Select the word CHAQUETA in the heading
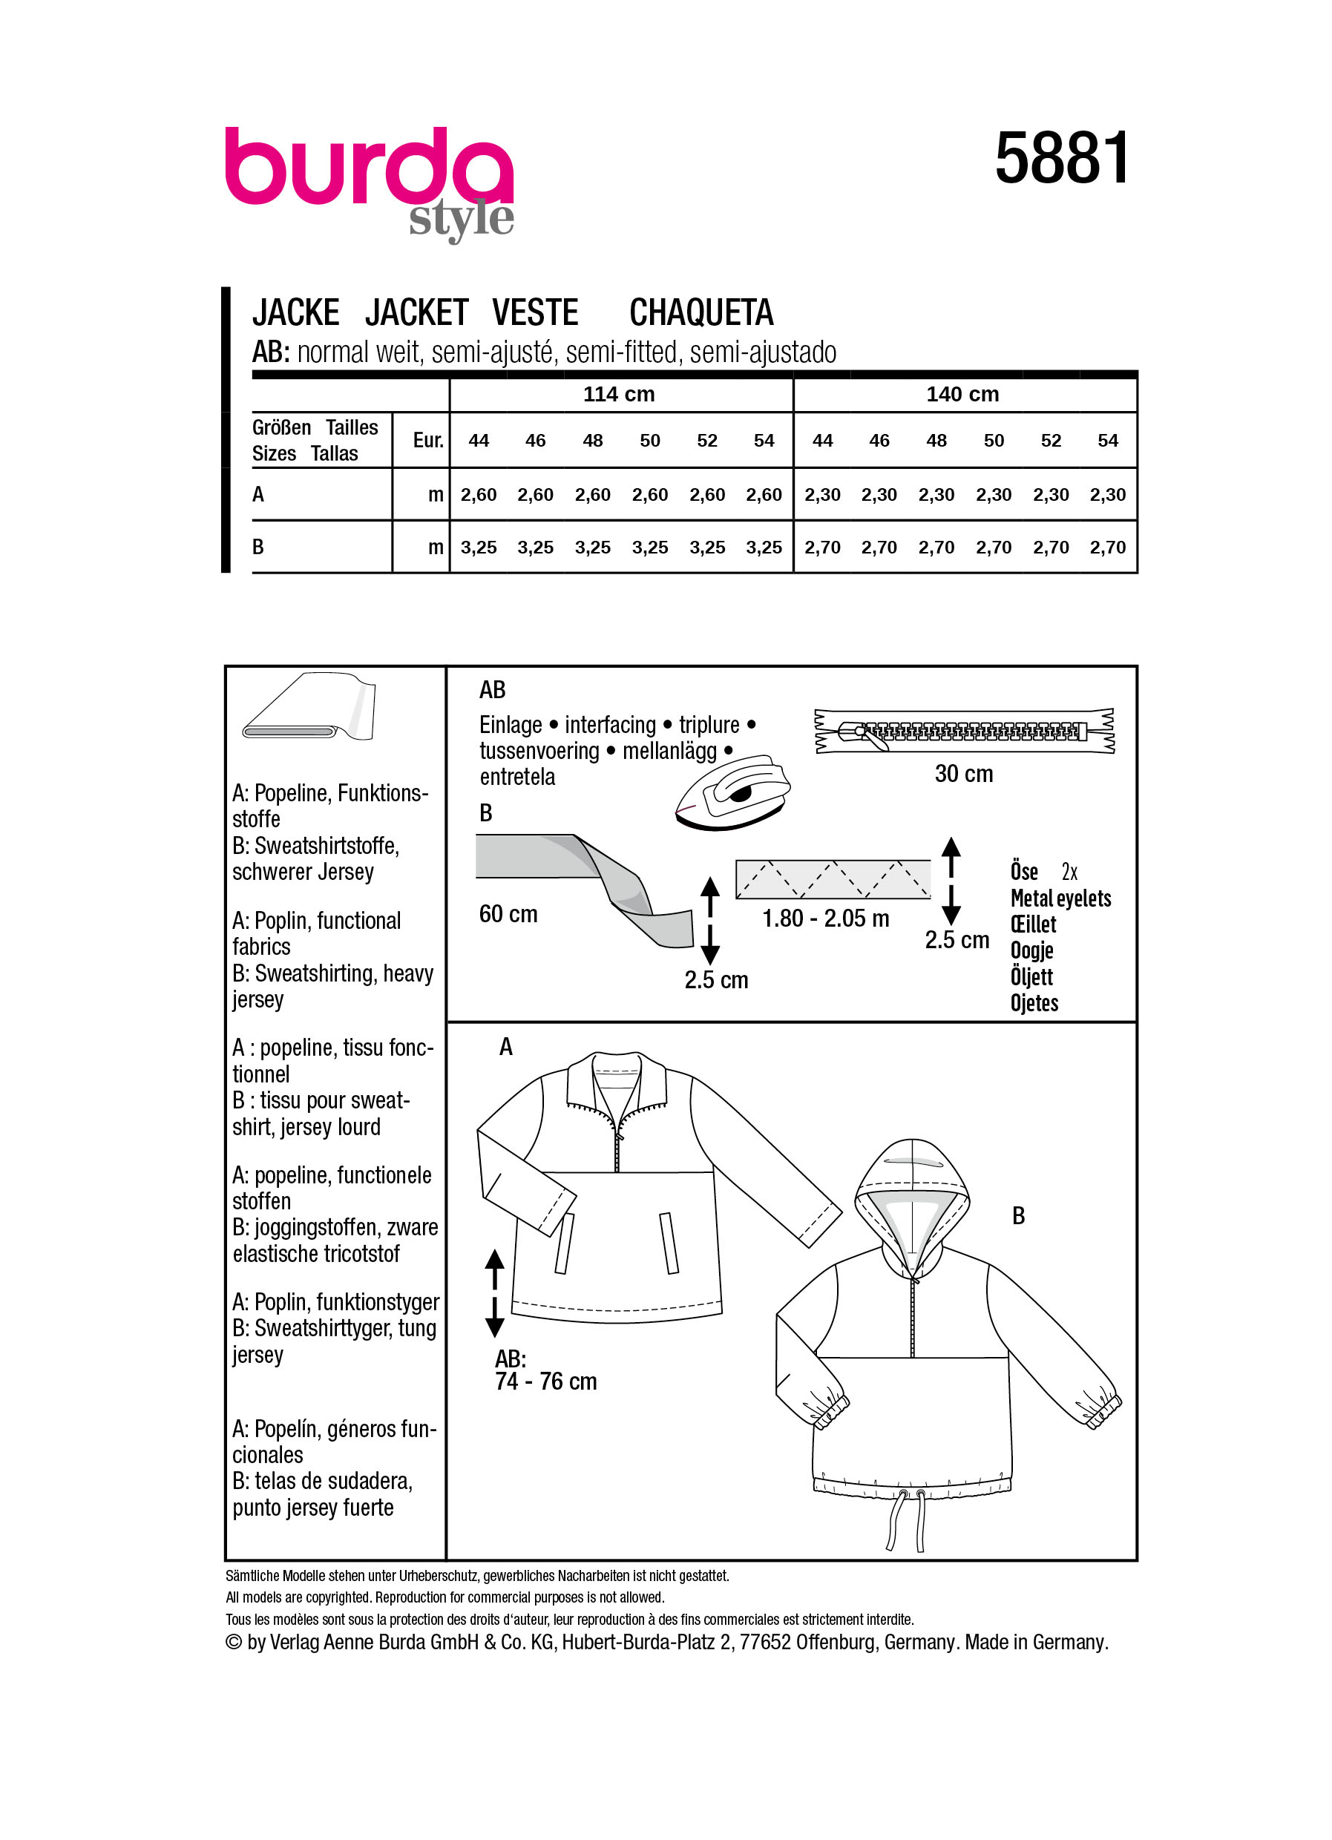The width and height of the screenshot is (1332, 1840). coord(701,313)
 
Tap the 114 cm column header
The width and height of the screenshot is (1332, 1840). coord(618,394)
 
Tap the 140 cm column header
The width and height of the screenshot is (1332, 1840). coord(962,394)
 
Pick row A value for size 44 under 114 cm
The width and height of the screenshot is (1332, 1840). coord(478,495)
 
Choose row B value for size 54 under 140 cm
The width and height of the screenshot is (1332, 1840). coord(1107,548)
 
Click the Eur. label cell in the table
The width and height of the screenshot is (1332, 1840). coord(427,441)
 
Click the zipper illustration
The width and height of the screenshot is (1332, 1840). coord(964,731)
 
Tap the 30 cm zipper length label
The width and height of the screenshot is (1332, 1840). coord(963,774)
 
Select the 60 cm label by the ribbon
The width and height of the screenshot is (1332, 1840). coord(508,914)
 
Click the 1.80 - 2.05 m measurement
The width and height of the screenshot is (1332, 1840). coord(825,919)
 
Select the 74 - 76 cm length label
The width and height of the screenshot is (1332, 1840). coord(545,1381)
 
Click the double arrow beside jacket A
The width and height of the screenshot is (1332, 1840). coord(494,1293)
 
